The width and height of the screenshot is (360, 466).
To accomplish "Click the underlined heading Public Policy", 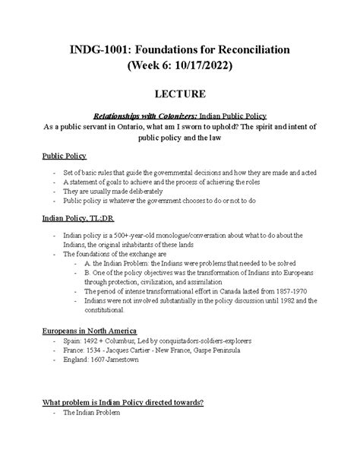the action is click(x=64, y=156).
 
